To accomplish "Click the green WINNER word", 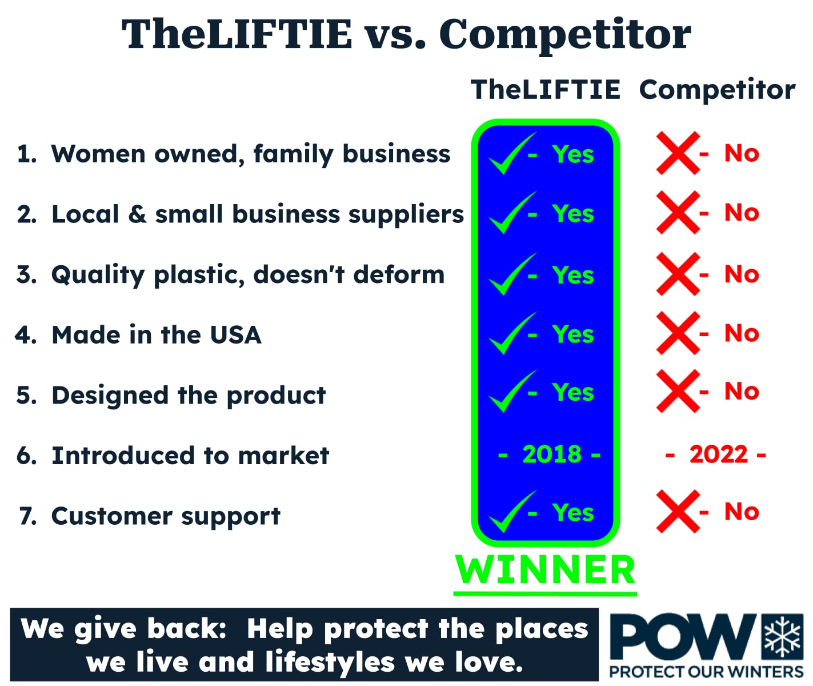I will click(545, 570).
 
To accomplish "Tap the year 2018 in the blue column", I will click(551, 454).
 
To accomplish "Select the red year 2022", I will click(718, 454).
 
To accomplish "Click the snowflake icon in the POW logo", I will click(782, 636).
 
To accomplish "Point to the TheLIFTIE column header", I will click(545, 90).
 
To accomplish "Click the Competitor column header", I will click(717, 90).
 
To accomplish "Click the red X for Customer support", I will click(678, 512).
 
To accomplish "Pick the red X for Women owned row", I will click(678, 153).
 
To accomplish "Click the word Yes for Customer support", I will click(573, 513).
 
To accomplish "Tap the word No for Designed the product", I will click(742, 392).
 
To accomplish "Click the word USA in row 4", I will click(235, 335).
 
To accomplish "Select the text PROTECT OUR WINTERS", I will click(706, 672).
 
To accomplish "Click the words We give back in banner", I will click(123, 629).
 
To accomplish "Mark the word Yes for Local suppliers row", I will click(573, 214).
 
